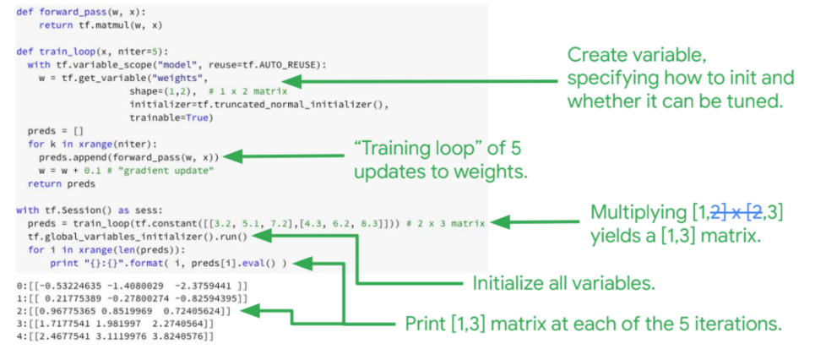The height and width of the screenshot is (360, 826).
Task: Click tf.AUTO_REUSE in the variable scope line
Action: [x=273, y=65]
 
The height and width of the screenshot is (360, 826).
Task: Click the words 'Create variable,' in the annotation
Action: [x=636, y=56]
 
